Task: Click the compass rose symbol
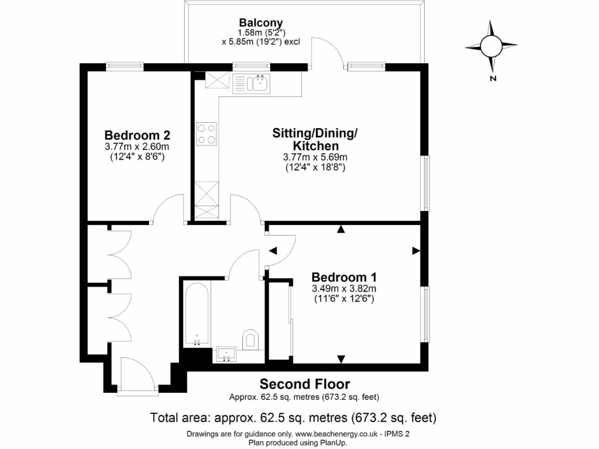pos(491,44)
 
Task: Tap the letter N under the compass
pos(493,78)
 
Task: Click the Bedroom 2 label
pos(137,134)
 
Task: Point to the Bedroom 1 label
pos(343,277)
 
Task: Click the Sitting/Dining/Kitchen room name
pos(315,139)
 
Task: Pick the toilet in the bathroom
pos(251,339)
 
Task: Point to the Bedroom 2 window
pos(125,67)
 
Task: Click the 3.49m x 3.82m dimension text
pos(343,289)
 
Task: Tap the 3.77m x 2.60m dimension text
pos(137,146)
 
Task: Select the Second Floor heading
pos(305,384)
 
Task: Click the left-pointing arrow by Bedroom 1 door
pos(273,251)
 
